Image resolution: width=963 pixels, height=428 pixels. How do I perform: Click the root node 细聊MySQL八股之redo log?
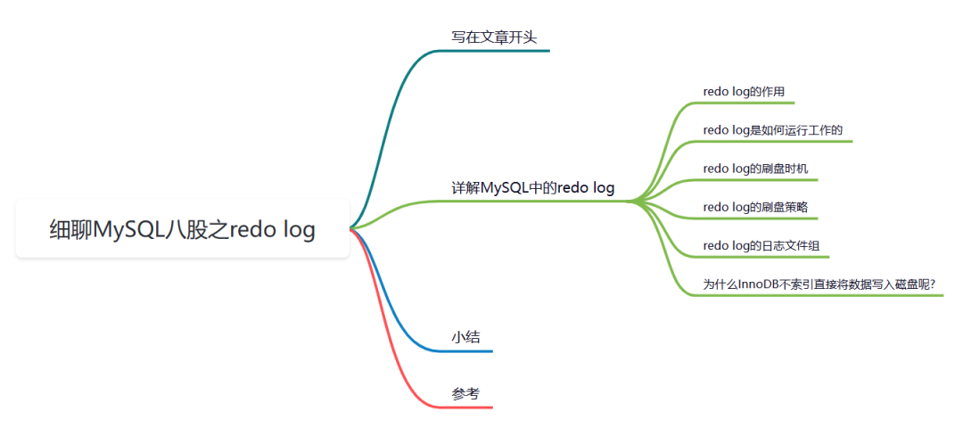tap(182, 229)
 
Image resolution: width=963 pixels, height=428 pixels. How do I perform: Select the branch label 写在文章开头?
tap(494, 37)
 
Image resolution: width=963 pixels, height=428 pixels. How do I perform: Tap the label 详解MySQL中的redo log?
tap(532, 188)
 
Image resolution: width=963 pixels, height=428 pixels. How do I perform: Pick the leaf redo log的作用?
tap(743, 91)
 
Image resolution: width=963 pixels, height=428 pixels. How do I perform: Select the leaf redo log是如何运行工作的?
tap(772, 130)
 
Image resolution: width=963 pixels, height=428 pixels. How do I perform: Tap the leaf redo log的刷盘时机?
tap(755, 168)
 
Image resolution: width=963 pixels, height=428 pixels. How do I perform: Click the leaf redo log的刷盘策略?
tap(755, 207)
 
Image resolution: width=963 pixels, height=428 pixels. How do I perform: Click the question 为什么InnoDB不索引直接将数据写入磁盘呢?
tap(819, 284)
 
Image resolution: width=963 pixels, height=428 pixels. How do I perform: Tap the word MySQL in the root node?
tap(129, 229)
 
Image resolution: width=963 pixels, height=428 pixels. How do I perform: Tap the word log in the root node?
tap(298, 229)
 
